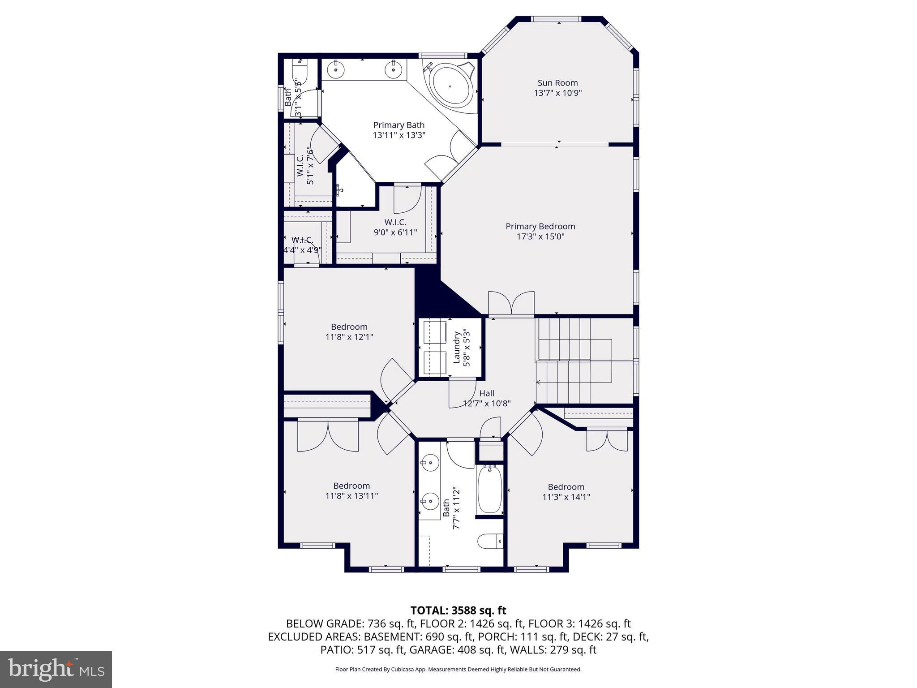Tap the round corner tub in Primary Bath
click(450, 86)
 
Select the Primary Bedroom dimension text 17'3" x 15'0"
click(540, 236)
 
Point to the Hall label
click(487, 393)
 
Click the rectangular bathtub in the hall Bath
click(489, 490)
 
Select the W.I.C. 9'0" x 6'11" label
click(395, 227)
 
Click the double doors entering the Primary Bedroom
click(511, 304)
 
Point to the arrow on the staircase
click(539, 382)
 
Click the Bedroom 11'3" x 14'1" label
click(566, 492)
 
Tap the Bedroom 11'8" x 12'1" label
click(349, 331)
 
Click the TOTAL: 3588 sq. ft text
click(458, 611)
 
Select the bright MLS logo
click(56, 669)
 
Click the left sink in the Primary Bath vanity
click(335, 69)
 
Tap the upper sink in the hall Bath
click(430, 462)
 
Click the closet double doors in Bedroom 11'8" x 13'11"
click(328, 436)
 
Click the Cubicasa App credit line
click(458, 670)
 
